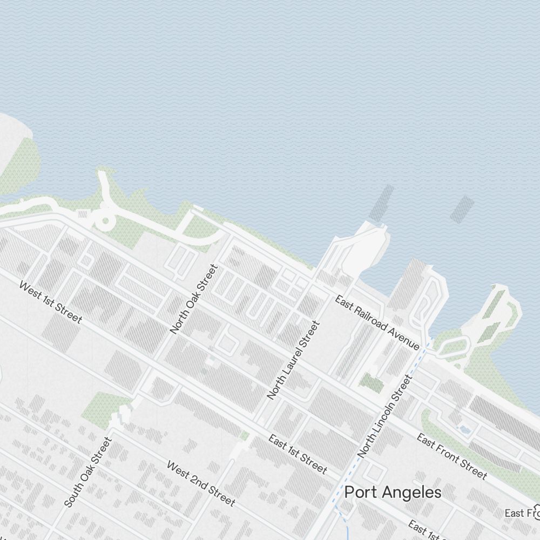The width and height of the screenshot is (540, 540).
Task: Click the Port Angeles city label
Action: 393,492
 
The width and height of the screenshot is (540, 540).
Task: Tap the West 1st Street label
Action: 50,302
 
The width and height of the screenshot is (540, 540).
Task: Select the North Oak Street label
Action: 193,299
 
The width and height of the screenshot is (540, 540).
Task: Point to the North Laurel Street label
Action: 293,360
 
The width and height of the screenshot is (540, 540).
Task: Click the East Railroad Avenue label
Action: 377,322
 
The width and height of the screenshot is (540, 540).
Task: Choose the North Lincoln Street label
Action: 384,417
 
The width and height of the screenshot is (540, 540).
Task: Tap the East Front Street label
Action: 451,456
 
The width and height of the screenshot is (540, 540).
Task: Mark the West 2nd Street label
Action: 200,483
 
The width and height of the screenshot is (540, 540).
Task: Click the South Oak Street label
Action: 87,473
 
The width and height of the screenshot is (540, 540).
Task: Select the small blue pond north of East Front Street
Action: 463,430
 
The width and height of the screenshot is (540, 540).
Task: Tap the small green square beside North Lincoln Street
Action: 372,383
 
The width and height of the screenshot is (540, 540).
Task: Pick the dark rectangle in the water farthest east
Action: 462,210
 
